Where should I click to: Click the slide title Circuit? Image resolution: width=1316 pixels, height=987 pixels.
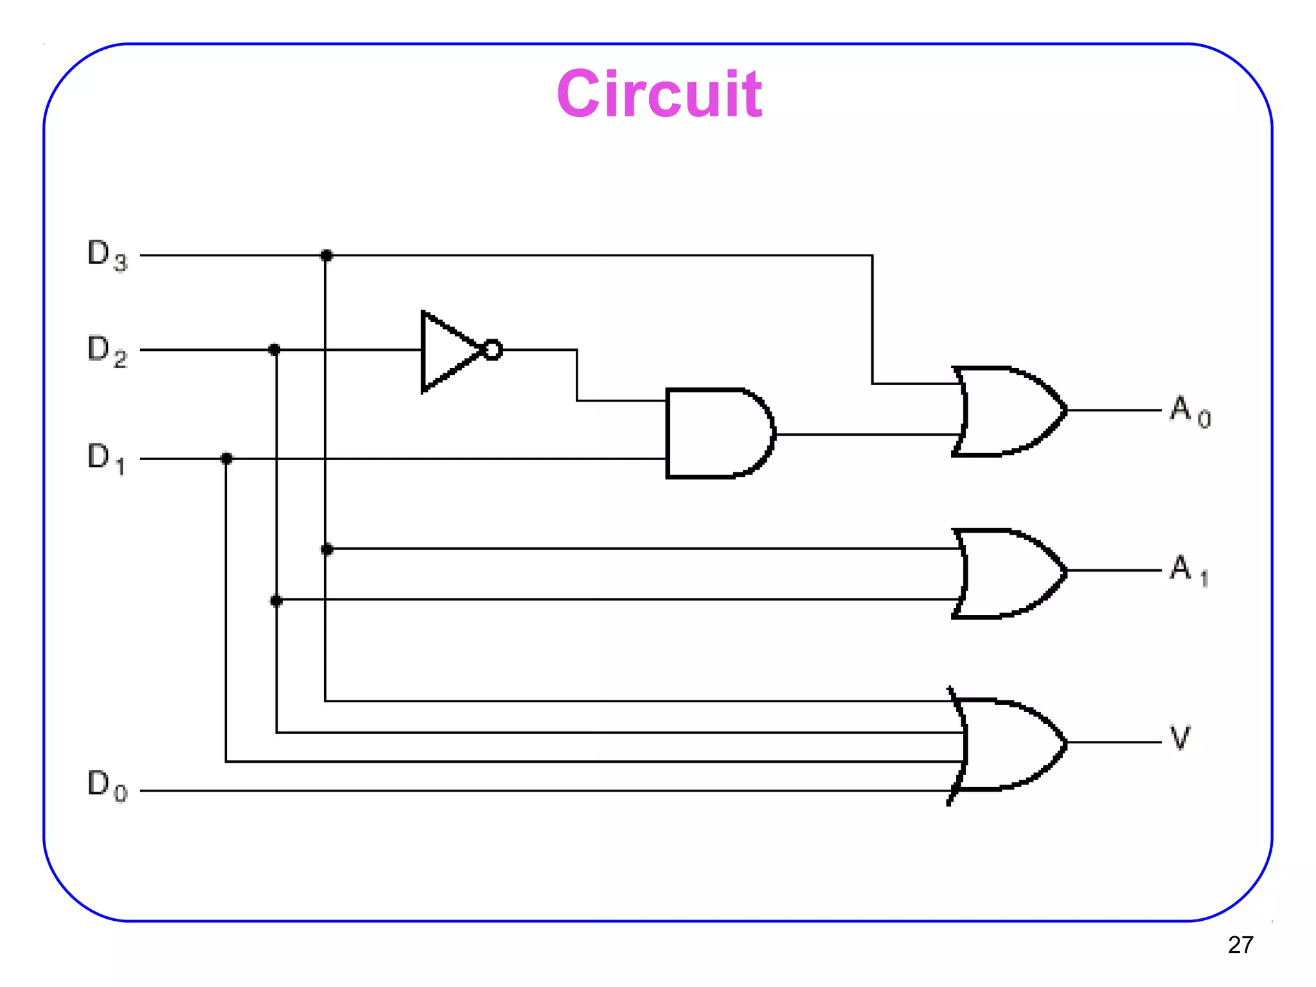tap(659, 94)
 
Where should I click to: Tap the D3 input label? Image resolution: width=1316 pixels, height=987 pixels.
tap(107, 254)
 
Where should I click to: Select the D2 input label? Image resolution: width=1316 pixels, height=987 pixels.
tap(107, 350)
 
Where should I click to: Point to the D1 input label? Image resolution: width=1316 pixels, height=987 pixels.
tap(106, 458)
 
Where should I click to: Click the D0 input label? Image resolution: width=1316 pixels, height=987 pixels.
tap(107, 785)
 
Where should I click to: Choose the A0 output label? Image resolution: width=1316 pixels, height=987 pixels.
tap(1189, 411)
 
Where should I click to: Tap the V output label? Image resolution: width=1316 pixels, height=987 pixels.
tap(1180, 738)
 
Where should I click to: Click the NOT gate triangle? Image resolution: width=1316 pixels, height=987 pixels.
tap(447, 351)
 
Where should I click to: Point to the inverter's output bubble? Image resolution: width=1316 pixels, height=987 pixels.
tap(492, 350)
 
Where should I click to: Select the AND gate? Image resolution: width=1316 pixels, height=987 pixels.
tap(716, 433)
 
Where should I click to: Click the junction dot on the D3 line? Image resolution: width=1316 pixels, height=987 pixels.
tap(326, 256)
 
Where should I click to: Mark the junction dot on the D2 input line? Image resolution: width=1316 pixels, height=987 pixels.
tap(274, 350)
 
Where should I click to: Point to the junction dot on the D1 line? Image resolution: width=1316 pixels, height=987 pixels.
tap(226, 458)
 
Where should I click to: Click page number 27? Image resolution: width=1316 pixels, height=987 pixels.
tap(1240, 945)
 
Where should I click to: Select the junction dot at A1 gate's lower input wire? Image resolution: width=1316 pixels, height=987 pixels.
tap(276, 601)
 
